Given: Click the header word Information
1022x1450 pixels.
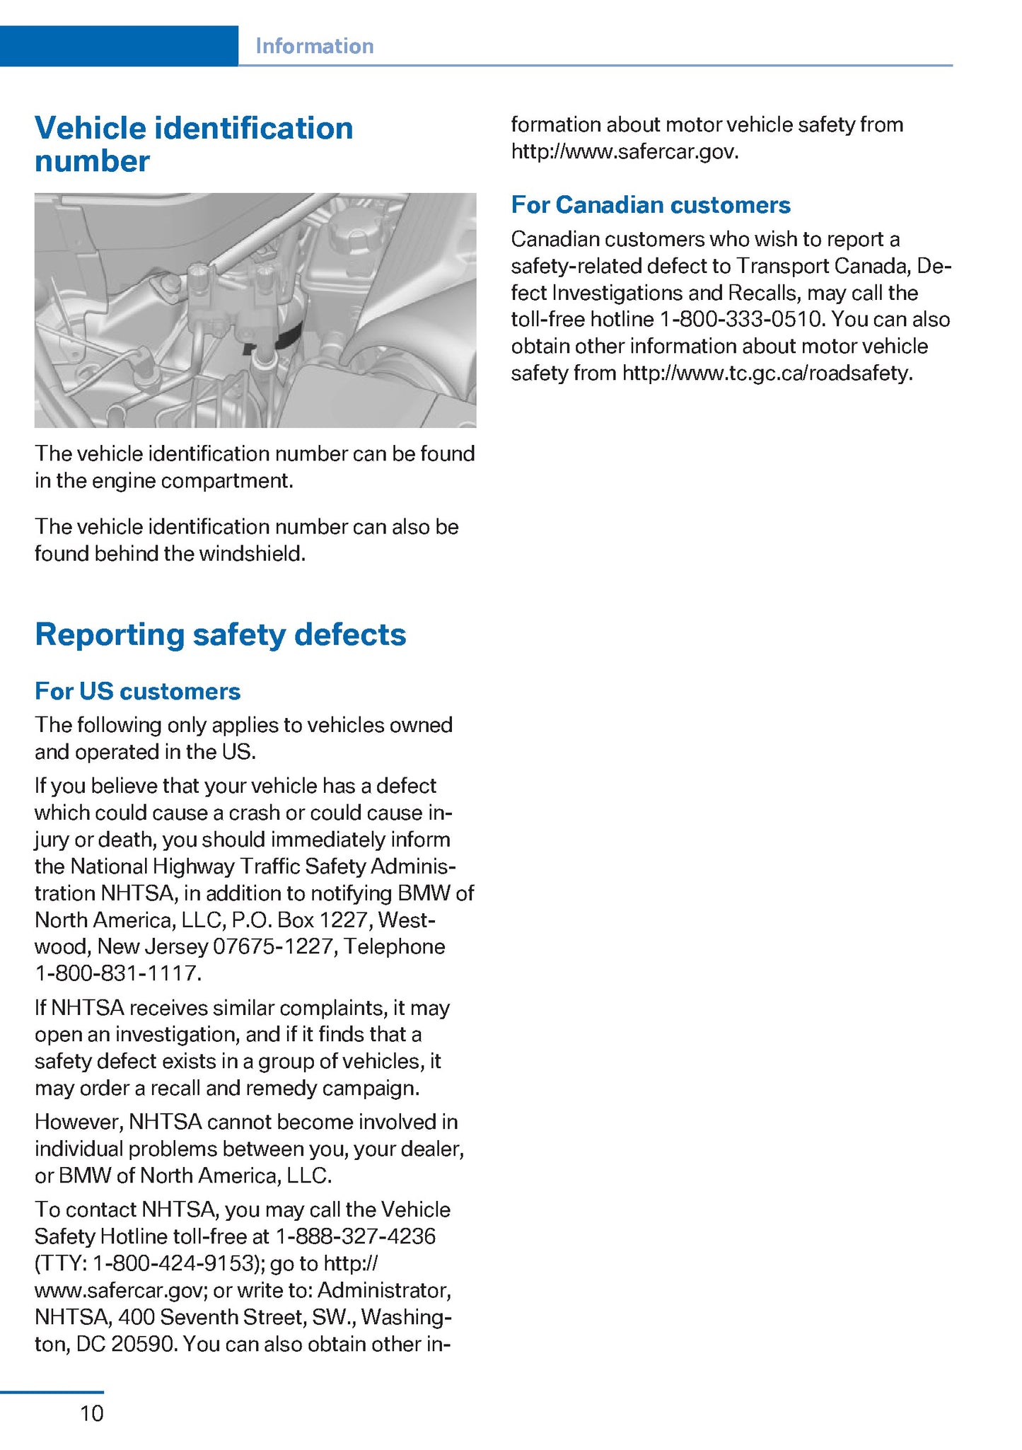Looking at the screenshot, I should (314, 46).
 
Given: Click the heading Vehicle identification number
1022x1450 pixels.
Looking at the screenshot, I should (193, 144).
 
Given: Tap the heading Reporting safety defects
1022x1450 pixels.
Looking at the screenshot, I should (220, 634).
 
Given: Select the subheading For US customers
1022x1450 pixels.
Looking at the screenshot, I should (137, 691).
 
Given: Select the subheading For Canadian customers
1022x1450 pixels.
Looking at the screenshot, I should (650, 205).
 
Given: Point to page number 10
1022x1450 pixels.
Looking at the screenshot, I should (92, 1414).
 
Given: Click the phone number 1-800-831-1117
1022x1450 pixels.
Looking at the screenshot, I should (117, 974).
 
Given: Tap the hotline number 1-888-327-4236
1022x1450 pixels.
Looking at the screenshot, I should (356, 1236).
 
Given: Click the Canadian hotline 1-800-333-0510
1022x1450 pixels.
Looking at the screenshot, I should (741, 320).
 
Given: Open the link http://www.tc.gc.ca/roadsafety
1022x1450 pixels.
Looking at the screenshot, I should (767, 373).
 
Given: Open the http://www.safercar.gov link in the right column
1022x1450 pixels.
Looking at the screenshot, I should (624, 152).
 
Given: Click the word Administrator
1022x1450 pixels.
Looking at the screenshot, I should (383, 1290).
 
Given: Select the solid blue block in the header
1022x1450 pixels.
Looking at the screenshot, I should (119, 46).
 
